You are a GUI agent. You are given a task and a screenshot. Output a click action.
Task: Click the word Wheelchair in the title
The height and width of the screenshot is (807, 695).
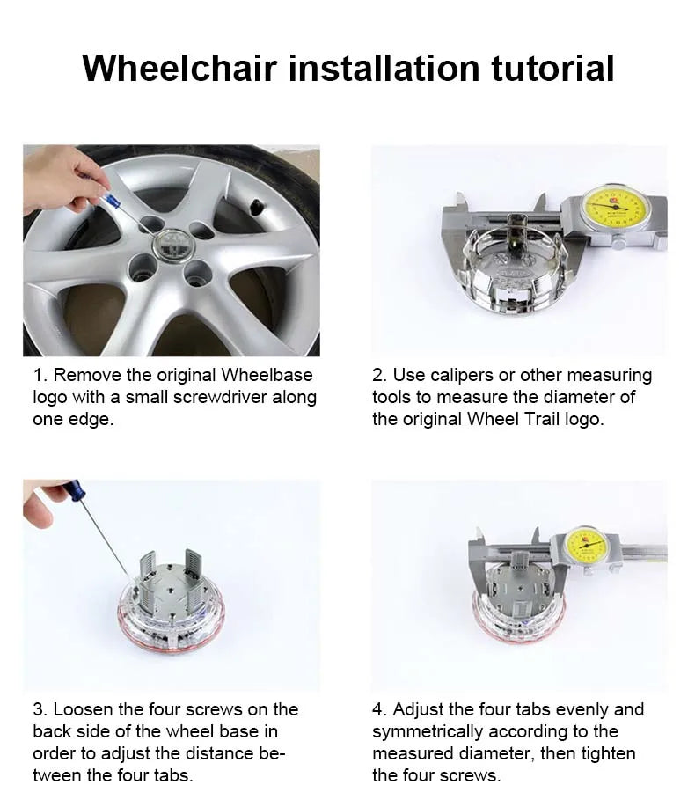point(179,68)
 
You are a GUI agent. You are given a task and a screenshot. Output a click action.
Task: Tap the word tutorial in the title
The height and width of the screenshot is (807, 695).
point(552,68)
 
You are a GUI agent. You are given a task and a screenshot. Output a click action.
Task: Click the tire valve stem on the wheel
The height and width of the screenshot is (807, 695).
point(256,208)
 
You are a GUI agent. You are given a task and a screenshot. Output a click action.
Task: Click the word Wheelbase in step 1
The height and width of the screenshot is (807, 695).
point(267,375)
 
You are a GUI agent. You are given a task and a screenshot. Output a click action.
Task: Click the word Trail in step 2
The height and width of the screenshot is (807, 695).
point(538,419)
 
